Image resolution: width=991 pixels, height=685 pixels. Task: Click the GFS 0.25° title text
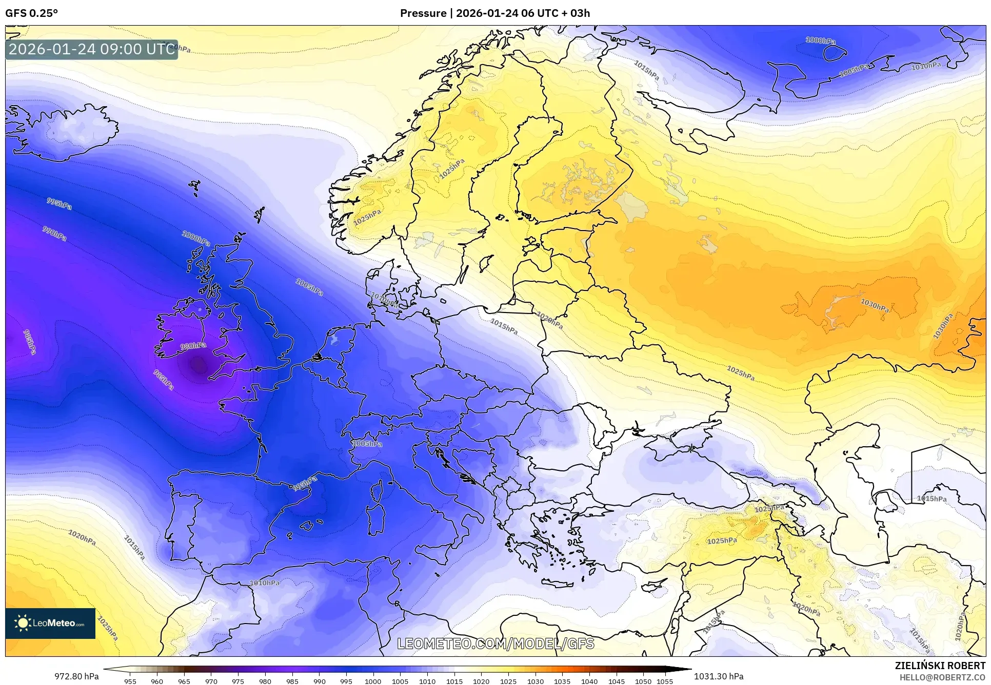(x=31, y=13)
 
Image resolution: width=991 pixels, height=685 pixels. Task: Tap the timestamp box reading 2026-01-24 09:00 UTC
(x=92, y=49)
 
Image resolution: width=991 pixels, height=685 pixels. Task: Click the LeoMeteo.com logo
(x=50, y=623)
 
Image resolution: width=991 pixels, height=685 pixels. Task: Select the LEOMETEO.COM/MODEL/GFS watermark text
(x=495, y=644)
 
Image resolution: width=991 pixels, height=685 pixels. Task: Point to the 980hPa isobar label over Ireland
(x=193, y=346)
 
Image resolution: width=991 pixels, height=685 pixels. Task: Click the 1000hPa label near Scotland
(x=196, y=238)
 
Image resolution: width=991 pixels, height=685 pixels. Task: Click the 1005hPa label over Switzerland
(x=367, y=444)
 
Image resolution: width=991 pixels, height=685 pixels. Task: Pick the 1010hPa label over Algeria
(x=265, y=583)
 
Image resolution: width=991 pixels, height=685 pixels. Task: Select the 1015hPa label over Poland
(x=504, y=326)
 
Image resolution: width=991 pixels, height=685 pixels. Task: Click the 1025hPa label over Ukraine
(x=740, y=372)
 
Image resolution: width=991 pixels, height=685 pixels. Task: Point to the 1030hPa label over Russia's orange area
(x=875, y=306)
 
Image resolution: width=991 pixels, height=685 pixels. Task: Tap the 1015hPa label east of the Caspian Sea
(x=931, y=499)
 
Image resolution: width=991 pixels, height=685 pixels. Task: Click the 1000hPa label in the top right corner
(x=820, y=40)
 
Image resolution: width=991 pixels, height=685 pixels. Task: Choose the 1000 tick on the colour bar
(x=373, y=681)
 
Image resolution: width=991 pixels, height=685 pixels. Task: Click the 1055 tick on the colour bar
(x=665, y=681)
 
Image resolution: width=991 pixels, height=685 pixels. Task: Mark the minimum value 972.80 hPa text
(x=76, y=676)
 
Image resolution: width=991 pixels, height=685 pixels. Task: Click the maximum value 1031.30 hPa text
(x=719, y=676)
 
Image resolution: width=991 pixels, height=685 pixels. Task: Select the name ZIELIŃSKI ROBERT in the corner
(x=940, y=666)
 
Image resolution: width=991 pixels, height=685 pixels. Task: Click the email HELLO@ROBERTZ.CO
(x=942, y=677)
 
